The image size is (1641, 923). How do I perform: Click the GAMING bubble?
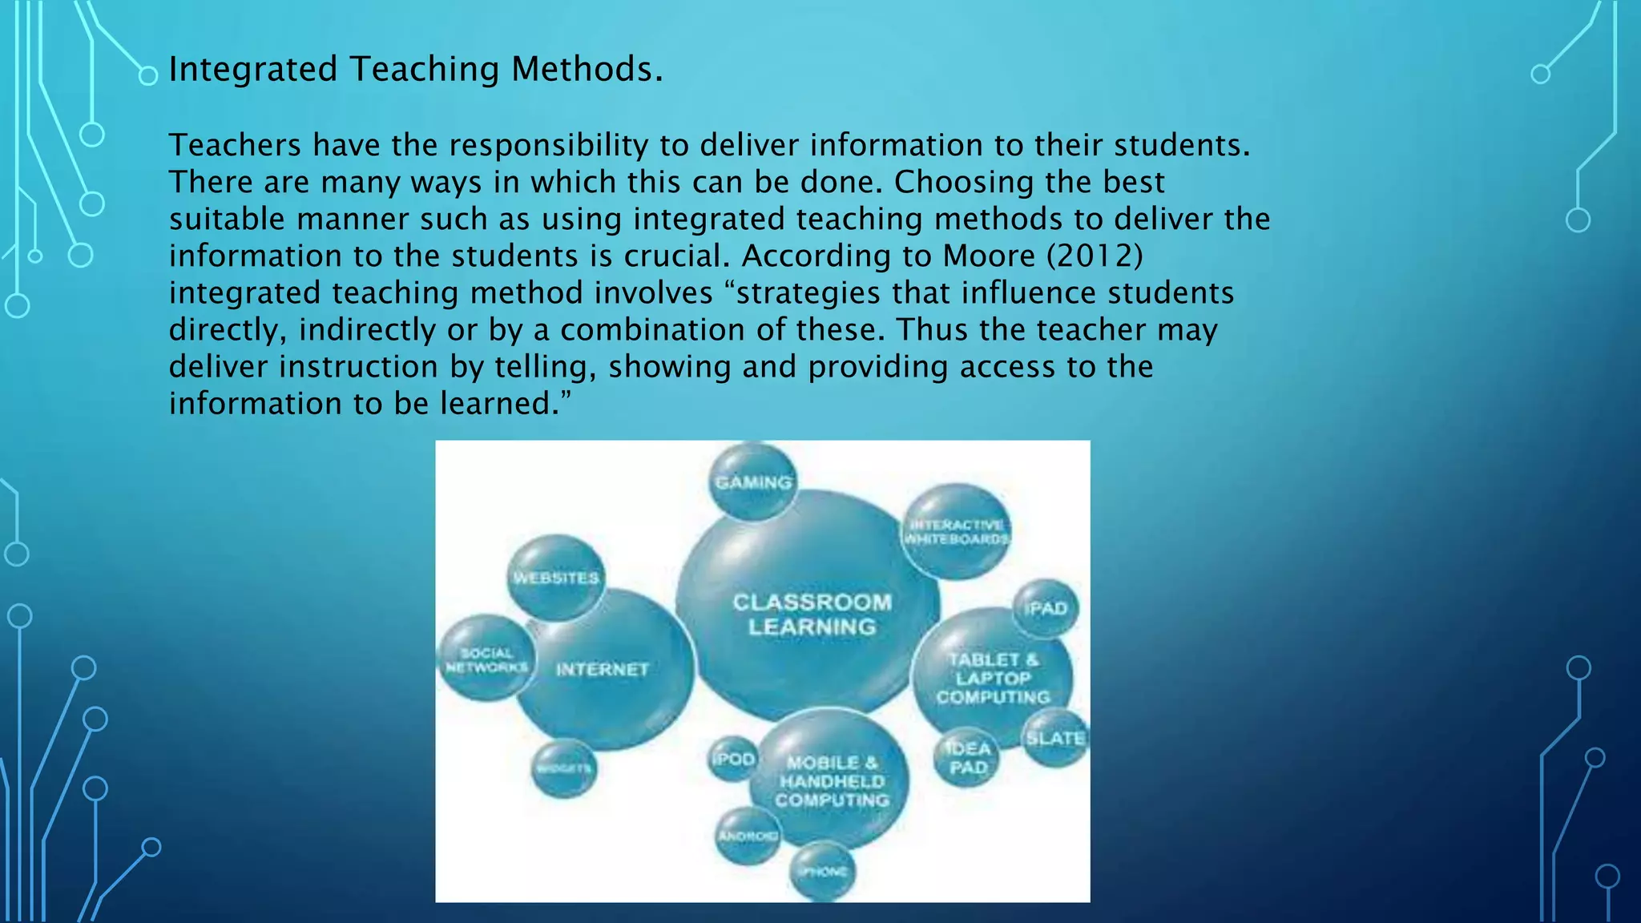tap(753, 482)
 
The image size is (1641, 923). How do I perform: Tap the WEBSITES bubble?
tap(556, 578)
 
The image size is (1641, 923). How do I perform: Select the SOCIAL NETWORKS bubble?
tap(486, 659)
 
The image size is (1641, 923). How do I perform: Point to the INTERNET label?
tap(603, 669)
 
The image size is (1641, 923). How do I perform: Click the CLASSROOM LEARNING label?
tap(812, 615)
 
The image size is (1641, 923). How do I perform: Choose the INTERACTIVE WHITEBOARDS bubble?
tap(955, 531)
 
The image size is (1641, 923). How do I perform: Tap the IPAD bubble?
tap(1046, 609)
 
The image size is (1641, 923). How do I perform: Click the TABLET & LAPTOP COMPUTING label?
tap(994, 678)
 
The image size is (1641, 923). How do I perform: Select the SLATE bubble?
tap(1055, 738)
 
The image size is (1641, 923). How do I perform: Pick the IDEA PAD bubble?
tap(968, 758)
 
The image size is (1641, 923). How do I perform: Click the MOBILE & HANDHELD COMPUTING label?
tap(832, 781)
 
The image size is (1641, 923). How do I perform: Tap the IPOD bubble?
tap(733, 758)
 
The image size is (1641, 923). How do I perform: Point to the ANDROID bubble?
tap(748, 836)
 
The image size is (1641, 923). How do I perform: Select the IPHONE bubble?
tap(822, 871)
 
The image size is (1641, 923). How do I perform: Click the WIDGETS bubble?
tap(564, 768)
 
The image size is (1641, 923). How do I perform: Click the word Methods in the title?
tap(587, 69)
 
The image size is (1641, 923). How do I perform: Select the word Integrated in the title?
tap(253, 69)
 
